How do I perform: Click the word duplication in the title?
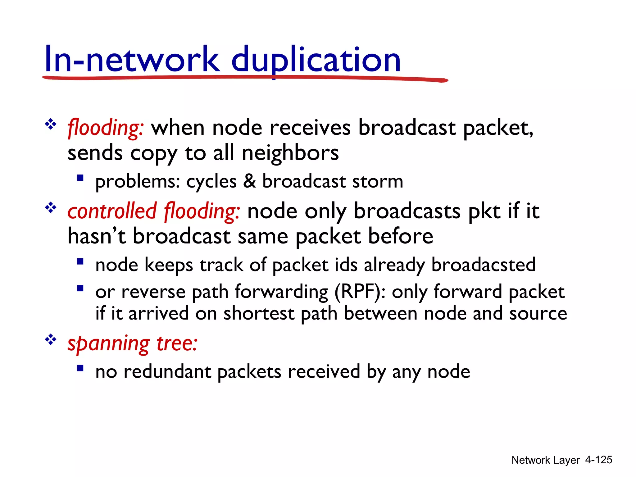pos(316,60)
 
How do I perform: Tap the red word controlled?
pos(112,211)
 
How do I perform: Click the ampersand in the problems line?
pos(249,181)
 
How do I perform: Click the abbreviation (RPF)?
pos(360,292)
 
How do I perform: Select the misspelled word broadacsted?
pos(483,265)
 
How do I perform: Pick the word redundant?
pos(167,372)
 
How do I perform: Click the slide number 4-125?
pos(598,460)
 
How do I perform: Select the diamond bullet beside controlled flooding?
pos(51,207)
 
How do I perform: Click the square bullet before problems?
pos(80,178)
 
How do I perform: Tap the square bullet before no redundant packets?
pos(80,368)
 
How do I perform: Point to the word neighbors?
pos(290,153)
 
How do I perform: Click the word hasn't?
pos(97,237)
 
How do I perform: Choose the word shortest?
pos(259,314)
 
